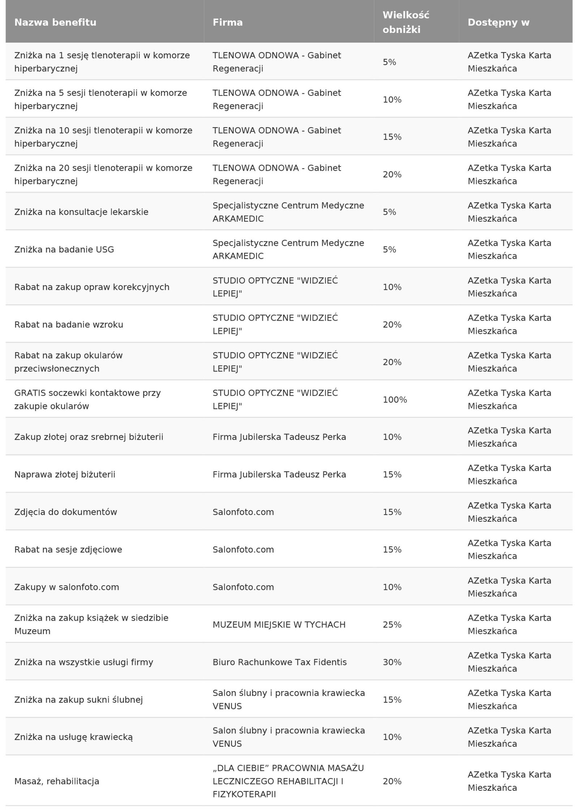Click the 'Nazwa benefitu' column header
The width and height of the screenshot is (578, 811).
55,22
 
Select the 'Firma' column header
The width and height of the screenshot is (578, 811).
228,22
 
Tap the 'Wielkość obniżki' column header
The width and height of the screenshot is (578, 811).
406,22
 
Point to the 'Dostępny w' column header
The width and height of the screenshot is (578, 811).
499,22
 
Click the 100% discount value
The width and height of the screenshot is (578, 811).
395,400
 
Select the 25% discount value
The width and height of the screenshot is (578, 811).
392,624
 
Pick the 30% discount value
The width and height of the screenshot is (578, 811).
392,662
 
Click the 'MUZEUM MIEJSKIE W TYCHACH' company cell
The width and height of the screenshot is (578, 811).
279,624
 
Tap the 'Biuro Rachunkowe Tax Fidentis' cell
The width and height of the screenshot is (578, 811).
280,662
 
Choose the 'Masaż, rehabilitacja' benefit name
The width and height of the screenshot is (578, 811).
57,781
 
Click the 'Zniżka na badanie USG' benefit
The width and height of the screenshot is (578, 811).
64,249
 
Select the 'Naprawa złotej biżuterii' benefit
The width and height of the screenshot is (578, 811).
65,474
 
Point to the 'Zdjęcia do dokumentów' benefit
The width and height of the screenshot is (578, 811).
66,512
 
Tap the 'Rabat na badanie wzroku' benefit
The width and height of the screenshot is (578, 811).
69,325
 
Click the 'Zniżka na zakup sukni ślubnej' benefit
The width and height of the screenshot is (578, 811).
78,700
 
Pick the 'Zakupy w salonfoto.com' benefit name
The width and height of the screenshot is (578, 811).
66,587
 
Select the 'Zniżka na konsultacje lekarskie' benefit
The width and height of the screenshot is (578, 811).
81,212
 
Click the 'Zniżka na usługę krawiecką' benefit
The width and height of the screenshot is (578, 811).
73,737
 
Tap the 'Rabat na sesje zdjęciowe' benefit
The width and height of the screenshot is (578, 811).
68,550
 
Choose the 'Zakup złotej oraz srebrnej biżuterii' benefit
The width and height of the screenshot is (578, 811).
89,437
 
